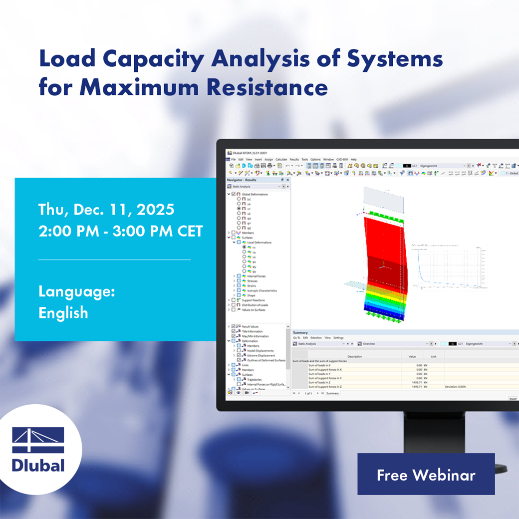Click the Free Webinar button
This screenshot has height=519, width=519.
pos(426,475)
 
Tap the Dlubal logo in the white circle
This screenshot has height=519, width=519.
pos(38,450)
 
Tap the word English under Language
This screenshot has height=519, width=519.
pos(63,313)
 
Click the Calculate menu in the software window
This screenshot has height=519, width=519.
pos(281,159)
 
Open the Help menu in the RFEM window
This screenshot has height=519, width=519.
pos(353,159)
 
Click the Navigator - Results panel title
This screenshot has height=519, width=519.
pos(242,180)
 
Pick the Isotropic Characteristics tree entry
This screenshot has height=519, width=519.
pos(262,290)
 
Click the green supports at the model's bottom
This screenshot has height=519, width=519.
pos(383,317)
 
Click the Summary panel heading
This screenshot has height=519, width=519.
pos(300,332)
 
